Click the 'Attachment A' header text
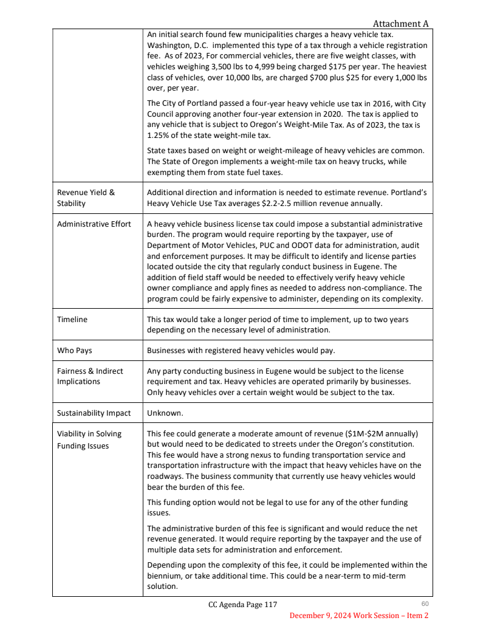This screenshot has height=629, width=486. click(x=400, y=24)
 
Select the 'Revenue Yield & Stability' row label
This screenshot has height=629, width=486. click(x=86, y=198)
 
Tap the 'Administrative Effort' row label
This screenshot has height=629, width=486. click(x=94, y=224)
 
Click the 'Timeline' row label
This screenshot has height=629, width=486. click(x=72, y=319)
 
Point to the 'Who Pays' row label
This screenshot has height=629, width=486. click(x=75, y=350)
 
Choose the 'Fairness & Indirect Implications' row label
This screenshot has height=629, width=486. click(x=90, y=376)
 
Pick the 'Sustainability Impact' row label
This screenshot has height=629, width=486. click(x=94, y=413)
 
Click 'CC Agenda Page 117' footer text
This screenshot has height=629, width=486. click(x=242, y=605)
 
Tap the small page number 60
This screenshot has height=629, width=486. click(x=425, y=603)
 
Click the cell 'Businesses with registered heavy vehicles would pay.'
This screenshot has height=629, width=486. click(x=241, y=350)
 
